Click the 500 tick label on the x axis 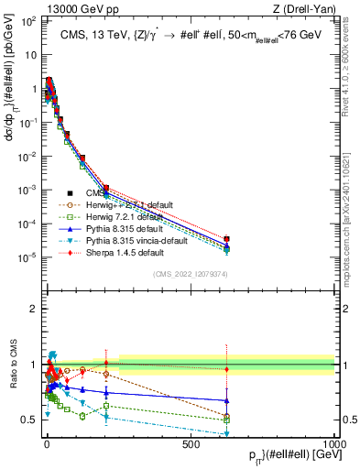(x=191, y=443)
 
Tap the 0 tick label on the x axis (x=46, y=443)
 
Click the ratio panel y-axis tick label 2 (x=32, y=308)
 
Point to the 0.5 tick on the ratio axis (x=29, y=420)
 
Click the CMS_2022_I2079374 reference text (x=191, y=274)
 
